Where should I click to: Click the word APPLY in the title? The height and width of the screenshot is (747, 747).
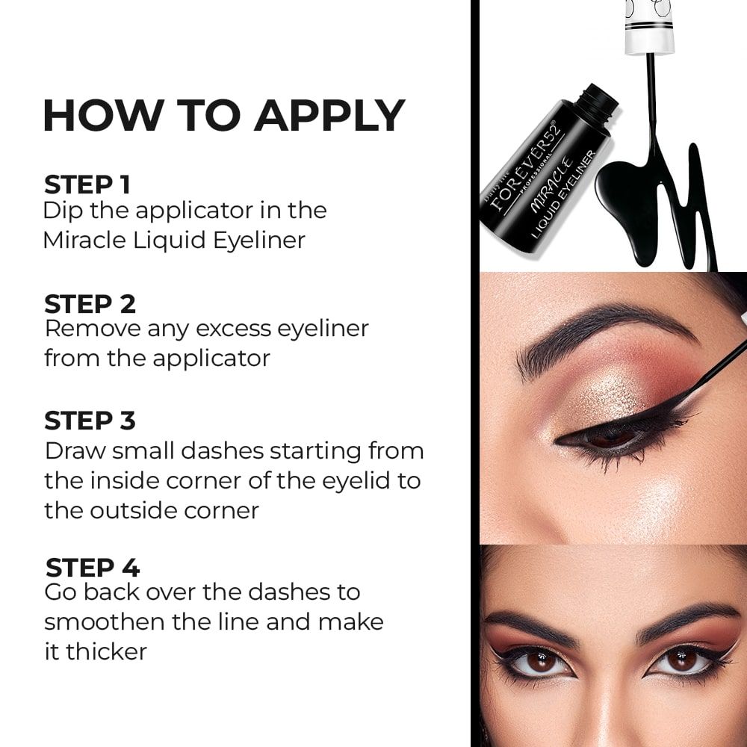click(x=329, y=115)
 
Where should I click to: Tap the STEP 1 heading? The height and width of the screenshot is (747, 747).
click(x=87, y=185)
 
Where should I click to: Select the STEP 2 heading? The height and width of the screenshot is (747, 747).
click(x=90, y=304)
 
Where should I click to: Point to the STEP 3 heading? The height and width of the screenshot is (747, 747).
click(x=90, y=421)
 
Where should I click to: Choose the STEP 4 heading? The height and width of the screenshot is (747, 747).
click(x=93, y=568)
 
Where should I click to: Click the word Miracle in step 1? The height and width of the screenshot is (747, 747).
click(x=85, y=240)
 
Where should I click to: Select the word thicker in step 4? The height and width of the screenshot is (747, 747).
click(x=106, y=651)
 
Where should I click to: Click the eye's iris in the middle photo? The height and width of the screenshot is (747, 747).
click(x=610, y=437)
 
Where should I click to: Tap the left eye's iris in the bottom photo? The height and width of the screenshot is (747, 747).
click(x=540, y=661)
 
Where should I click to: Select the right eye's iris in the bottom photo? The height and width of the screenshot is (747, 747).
click(x=681, y=659)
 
